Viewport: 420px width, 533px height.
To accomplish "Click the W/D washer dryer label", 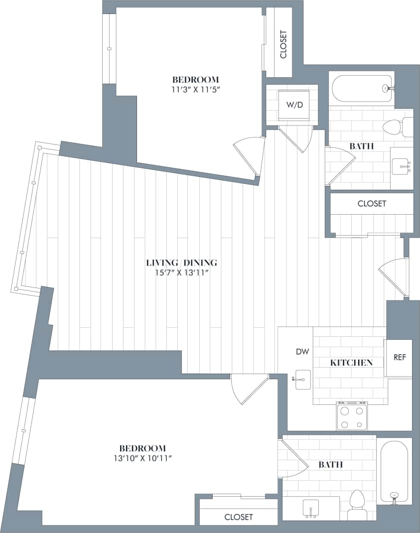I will coord(294,105).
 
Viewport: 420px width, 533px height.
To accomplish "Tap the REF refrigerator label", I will coord(400,357).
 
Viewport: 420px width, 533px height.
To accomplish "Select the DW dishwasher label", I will coord(302,352).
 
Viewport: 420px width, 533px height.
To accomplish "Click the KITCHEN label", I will coord(351,363).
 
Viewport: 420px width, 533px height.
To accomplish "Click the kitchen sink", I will coord(301,380).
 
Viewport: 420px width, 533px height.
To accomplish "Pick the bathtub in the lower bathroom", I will coord(394,471).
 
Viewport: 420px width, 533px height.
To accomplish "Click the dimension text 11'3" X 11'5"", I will coord(195,90).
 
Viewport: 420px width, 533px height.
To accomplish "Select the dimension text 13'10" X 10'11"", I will coord(142,458).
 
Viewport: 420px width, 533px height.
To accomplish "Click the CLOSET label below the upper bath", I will coord(372,204).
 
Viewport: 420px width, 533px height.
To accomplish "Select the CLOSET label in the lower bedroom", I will coord(238,517).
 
